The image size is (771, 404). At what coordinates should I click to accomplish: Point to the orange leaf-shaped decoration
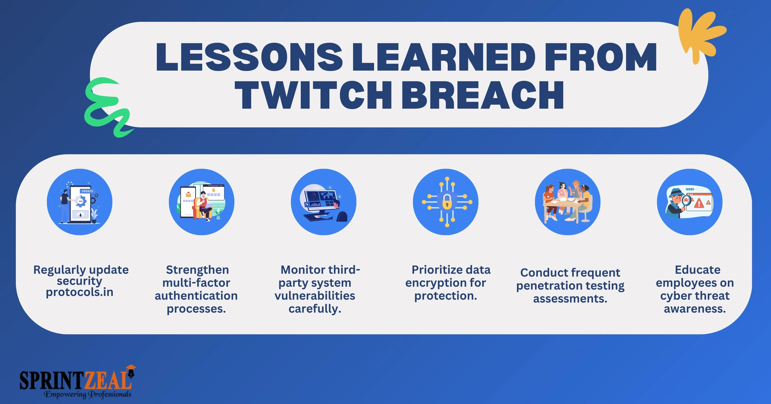pos(700,34)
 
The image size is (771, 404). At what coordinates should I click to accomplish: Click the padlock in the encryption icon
pos(447,202)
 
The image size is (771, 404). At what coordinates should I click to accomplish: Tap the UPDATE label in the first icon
pos(87,191)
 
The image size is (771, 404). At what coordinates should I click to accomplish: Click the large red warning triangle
pos(699,203)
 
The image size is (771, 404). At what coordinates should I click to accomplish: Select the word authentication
pos(196,296)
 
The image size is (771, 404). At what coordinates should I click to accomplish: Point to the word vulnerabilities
pos(315,296)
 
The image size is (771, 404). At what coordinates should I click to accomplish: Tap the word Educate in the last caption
pos(698,270)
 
